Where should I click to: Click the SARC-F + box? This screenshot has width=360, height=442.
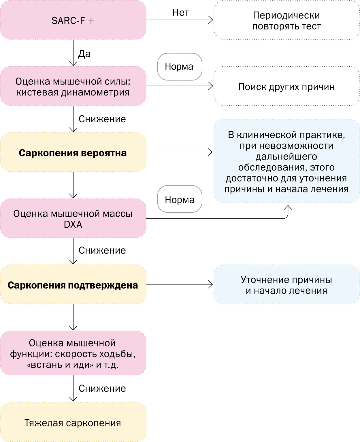point(73,20)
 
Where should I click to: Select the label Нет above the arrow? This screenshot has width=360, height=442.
point(180,13)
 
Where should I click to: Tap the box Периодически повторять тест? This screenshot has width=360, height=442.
point(287,20)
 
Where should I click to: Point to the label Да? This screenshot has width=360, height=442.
point(84,54)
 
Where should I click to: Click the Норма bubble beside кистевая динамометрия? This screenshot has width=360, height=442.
point(180,67)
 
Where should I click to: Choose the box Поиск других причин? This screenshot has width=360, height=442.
point(287,86)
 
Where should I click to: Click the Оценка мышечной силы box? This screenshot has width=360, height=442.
point(73,86)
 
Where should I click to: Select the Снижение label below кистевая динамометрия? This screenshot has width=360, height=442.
point(102,119)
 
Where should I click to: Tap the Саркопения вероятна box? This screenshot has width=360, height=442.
point(73,152)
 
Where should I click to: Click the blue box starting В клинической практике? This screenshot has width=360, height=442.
point(287,161)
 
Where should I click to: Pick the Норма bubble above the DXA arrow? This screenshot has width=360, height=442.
point(180,199)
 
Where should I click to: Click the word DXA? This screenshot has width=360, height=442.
point(73,224)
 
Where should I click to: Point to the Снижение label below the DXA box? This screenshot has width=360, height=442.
point(102,250)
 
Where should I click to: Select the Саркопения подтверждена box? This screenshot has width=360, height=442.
point(73,284)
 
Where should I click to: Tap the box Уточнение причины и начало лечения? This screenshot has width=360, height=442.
point(287,284)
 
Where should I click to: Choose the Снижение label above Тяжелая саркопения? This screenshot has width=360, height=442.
point(102,389)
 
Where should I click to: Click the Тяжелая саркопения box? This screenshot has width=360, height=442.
point(73,422)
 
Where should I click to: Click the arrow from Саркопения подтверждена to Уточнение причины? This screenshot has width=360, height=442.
point(180,284)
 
